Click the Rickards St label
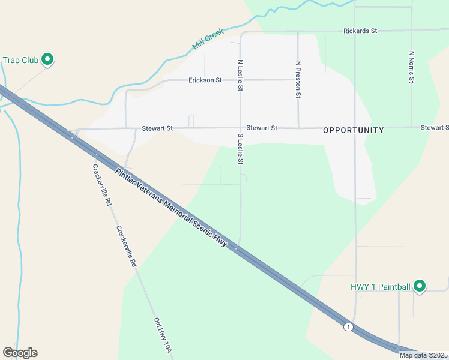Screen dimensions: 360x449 point(360,31)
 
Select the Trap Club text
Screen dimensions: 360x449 point(20,60)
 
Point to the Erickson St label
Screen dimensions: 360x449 point(205,80)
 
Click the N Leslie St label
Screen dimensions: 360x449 point(240,75)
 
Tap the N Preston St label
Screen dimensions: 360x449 point(298,79)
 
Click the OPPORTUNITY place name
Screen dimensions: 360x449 point(353,130)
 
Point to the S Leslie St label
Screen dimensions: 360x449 point(240,149)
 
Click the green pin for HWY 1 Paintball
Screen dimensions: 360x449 point(420,286)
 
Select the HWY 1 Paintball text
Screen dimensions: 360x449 point(381,287)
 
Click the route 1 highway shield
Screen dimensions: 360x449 point(348,326)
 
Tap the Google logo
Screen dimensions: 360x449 point(20,353)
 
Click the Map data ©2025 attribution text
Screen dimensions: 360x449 point(423,355)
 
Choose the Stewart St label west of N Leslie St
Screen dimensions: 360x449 point(157,128)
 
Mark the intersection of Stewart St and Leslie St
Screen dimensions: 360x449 point(240,128)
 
